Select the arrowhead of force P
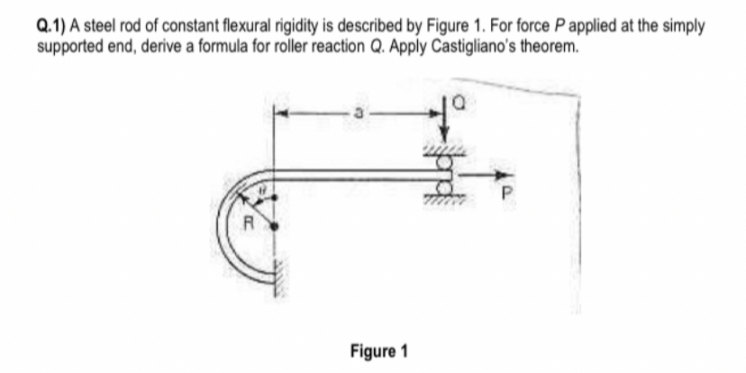pyautogui.click(x=496, y=176)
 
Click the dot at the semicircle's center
pyautogui.click(x=272, y=227)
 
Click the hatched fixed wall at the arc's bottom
pyautogui.click(x=277, y=287)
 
